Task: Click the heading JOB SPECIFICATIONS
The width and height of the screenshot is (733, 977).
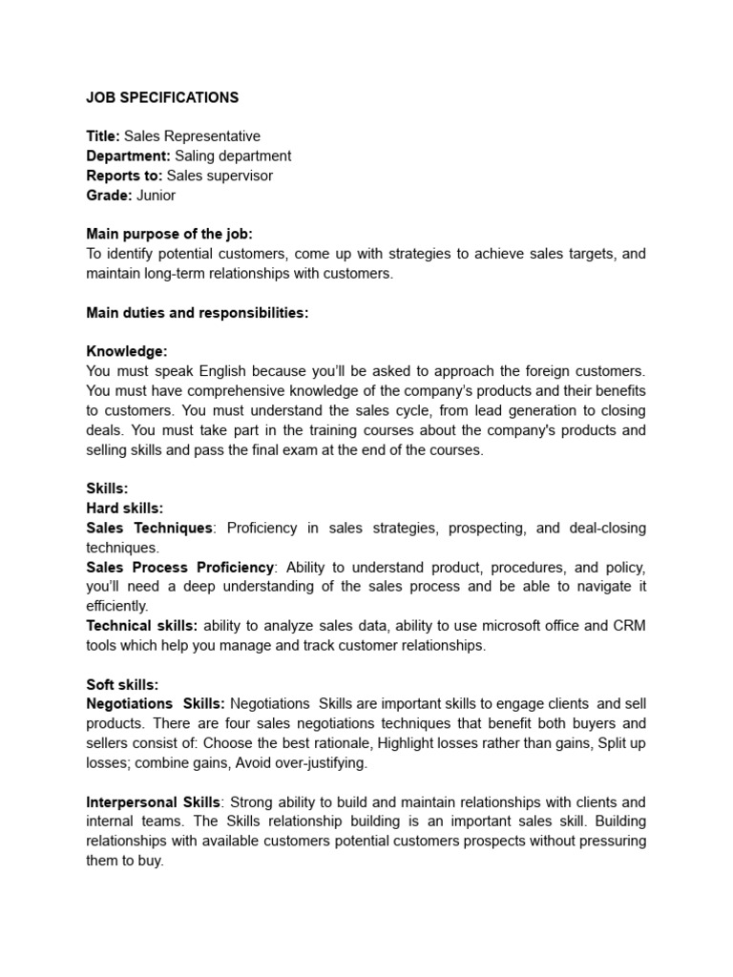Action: pyautogui.click(x=162, y=97)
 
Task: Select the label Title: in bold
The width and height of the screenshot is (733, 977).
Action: pyautogui.click(x=103, y=136)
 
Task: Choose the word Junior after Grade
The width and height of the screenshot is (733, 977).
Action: pyautogui.click(x=156, y=195)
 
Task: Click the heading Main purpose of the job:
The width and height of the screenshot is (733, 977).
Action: pyautogui.click(x=169, y=234)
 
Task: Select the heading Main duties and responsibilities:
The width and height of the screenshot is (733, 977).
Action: pyautogui.click(x=197, y=313)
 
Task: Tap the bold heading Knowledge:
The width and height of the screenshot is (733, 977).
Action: pyautogui.click(x=126, y=351)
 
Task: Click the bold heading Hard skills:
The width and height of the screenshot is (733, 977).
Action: pyautogui.click(x=124, y=509)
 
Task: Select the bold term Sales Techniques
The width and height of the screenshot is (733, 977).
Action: pyautogui.click(x=149, y=528)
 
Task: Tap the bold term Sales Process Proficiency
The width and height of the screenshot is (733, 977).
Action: pyautogui.click(x=179, y=567)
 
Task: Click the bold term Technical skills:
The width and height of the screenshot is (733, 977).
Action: pyautogui.click(x=141, y=625)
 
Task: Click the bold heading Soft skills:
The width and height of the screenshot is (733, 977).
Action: pyautogui.click(x=122, y=684)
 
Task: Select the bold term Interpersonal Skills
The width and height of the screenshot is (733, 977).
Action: pyautogui.click(x=154, y=801)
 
